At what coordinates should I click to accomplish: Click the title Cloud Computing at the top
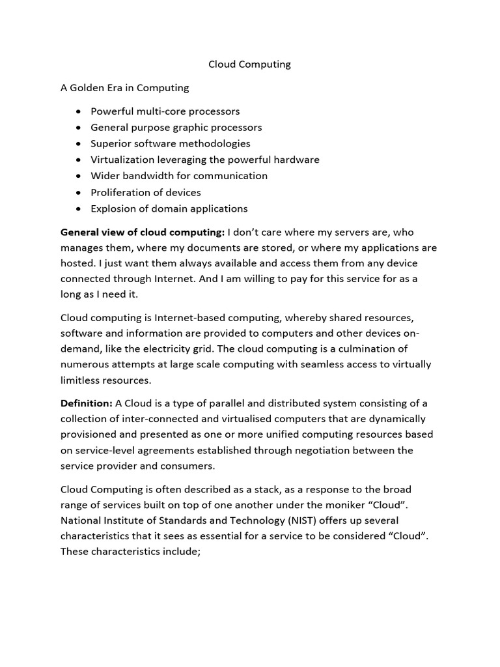tap(249, 64)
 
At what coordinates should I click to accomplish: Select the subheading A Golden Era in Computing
tap(124, 87)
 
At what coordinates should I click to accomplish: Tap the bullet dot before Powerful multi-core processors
tap(79, 111)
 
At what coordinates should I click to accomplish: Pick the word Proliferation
tap(119, 192)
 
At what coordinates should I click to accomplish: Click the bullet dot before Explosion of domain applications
tap(79, 209)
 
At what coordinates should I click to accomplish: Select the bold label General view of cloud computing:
tap(143, 232)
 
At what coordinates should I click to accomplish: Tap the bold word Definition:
tap(87, 403)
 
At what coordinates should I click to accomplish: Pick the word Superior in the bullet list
tap(111, 143)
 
